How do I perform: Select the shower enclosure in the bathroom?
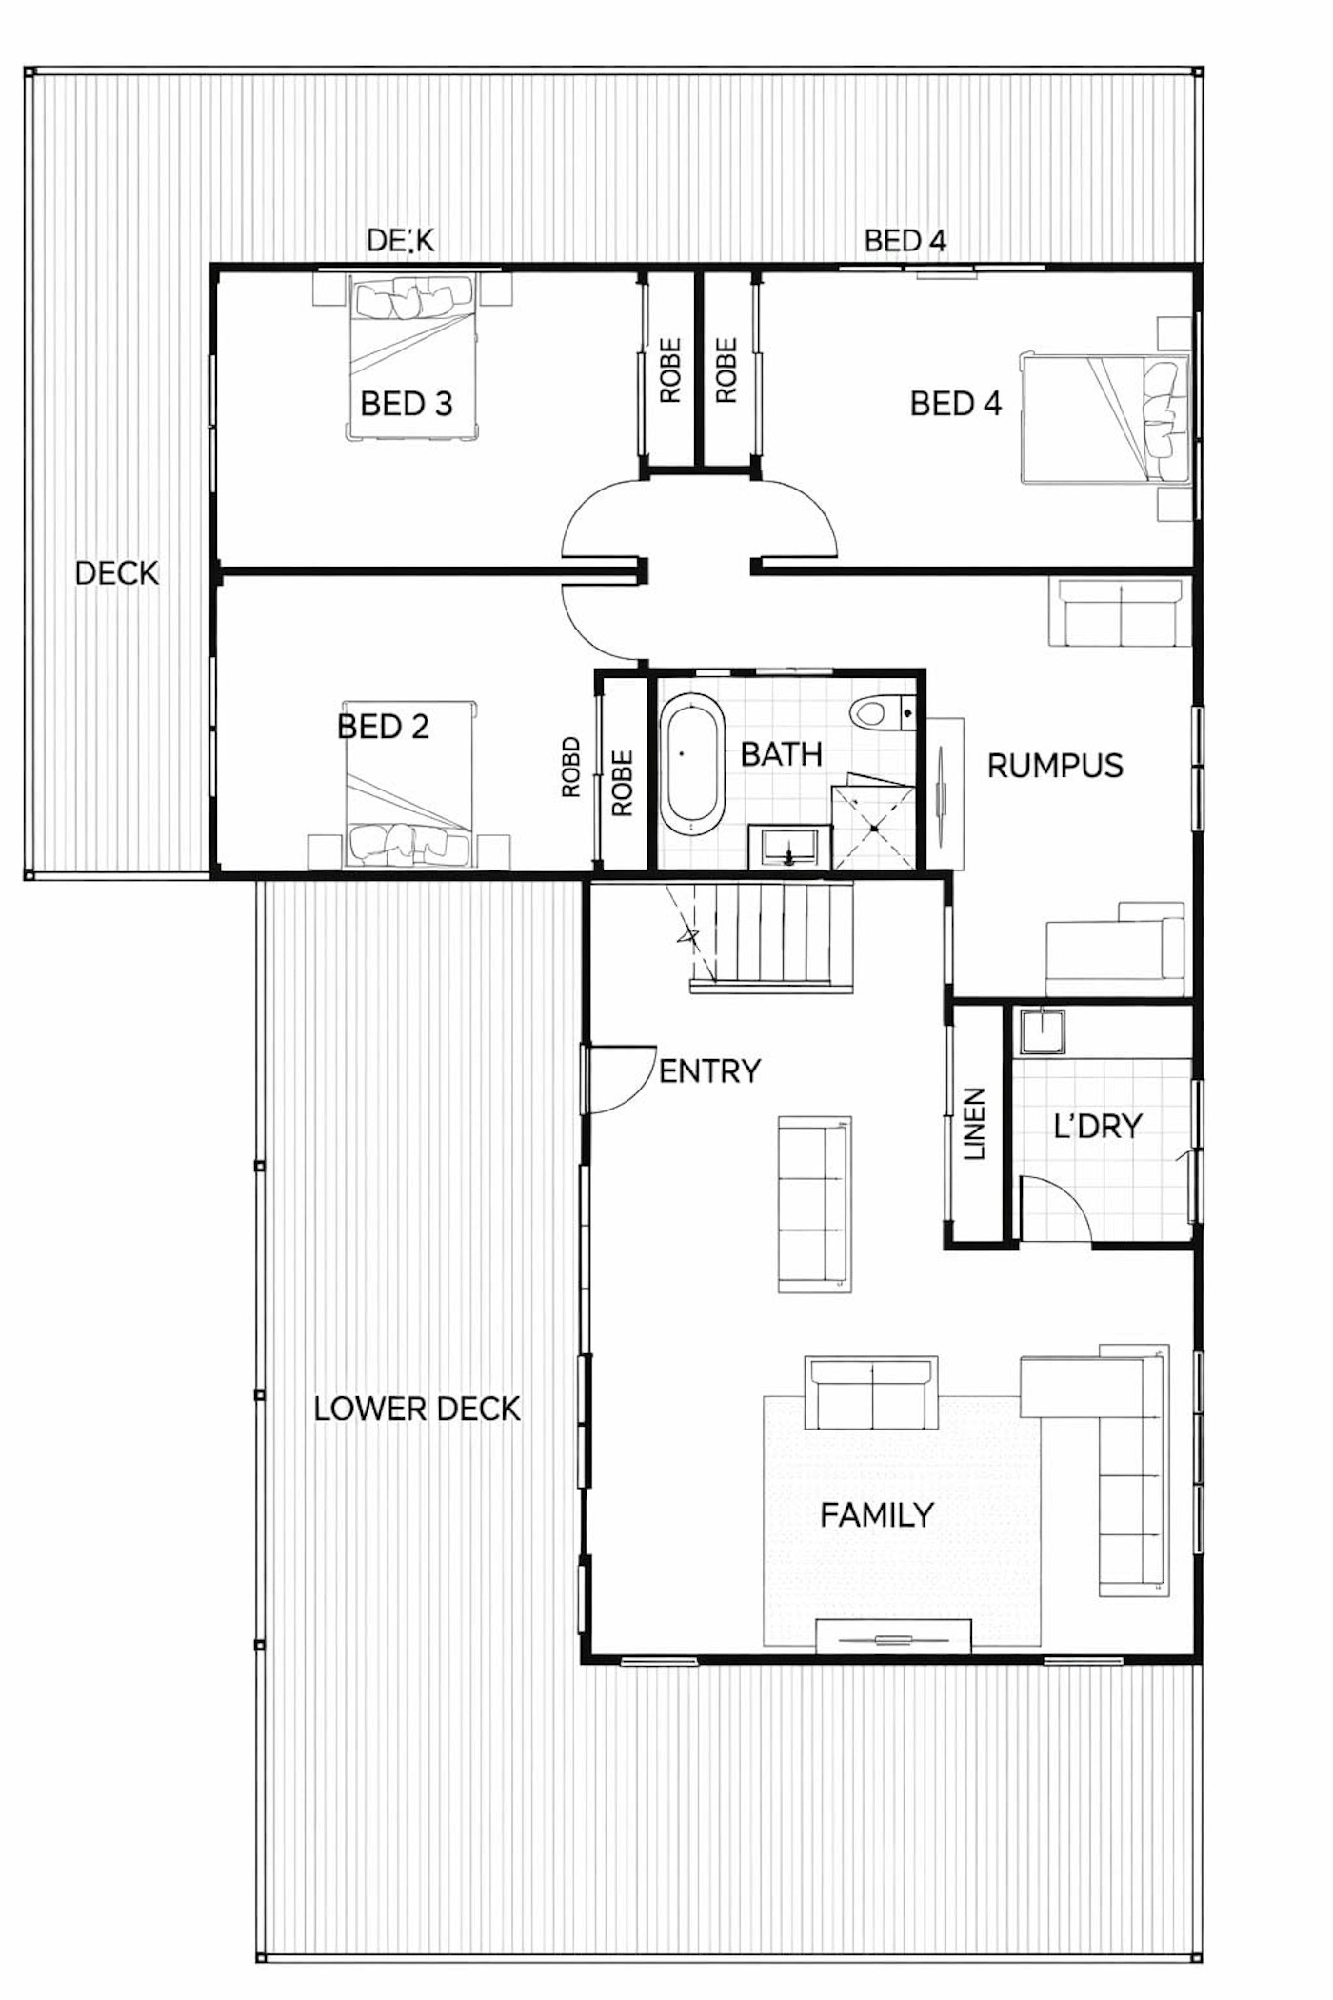pos(874,826)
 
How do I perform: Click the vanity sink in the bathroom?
pos(789,846)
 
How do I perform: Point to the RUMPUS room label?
pos(1054,766)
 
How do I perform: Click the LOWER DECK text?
pos(417,1409)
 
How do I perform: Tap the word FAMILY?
pos(876,1514)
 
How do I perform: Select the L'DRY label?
pos(1097,1126)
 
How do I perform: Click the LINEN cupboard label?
pos(974,1124)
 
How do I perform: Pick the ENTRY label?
pos(709,1071)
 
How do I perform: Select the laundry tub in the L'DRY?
pos(1040,1031)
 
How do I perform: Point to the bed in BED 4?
pos(1104,419)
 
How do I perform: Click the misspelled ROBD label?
pos(570,767)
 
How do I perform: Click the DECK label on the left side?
pos(116,573)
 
